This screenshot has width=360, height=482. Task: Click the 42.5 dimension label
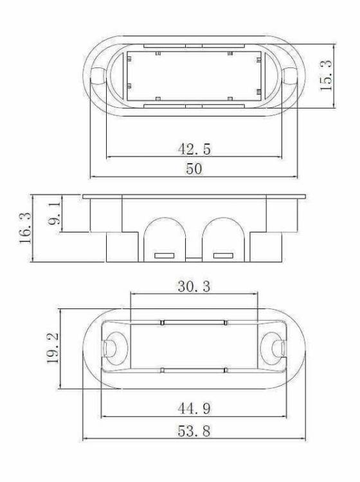(194, 149)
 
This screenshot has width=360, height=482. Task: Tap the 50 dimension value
(194, 169)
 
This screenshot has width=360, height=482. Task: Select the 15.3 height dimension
(326, 75)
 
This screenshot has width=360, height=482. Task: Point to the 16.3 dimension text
(26, 228)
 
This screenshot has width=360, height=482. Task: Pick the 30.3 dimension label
(194, 287)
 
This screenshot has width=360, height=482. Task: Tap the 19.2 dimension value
(53, 348)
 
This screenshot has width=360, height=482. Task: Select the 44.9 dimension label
(194, 409)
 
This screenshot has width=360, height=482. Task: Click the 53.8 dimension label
(194, 431)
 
